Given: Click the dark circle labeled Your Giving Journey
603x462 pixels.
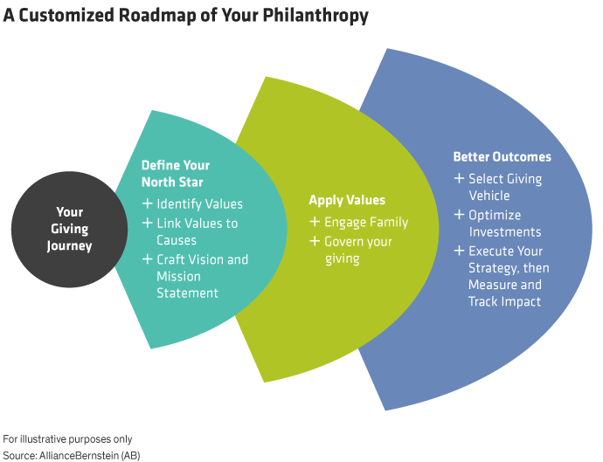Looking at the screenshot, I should [x=69, y=229].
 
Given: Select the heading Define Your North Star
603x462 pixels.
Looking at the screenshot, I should [x=176, y=173].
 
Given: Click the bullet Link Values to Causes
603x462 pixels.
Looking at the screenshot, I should [x=196, y=231].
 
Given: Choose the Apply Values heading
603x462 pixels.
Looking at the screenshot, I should [x=347, y=200].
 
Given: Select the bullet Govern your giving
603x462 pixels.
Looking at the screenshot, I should [x=357, y=250].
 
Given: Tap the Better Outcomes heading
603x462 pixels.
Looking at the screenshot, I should [x=502, y=157].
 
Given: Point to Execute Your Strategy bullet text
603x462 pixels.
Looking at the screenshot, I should [x=508, y=276].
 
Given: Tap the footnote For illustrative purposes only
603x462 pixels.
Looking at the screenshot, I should [x=67, y=439].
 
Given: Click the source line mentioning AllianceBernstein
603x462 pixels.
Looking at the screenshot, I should [x=71, y=455].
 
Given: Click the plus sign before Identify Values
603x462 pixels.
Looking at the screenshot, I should [x=147, y=204].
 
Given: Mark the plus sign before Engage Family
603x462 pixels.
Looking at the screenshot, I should [x=315, y=223].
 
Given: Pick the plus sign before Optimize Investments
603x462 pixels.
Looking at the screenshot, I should [x=459, y=215].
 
